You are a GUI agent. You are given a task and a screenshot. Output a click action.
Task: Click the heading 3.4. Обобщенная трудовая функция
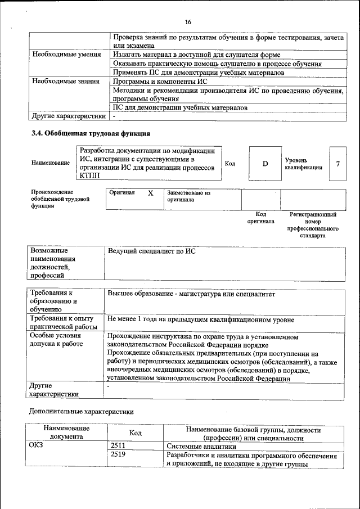(x=90, y=134)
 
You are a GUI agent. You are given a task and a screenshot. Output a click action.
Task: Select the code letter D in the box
(x=265, y=163)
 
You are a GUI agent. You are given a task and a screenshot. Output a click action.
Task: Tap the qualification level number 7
(x=337, y=164)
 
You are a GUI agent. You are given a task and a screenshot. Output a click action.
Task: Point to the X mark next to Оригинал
(x=150, y=193)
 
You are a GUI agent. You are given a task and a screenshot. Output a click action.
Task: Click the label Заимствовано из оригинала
(x=188, y=196)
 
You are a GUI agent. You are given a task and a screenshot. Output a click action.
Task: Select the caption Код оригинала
(x=260, y=218)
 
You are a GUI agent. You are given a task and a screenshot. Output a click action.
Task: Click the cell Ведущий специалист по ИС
(x=151, y=251)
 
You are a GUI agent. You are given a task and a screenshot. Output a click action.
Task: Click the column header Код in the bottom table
(x=135, y=433)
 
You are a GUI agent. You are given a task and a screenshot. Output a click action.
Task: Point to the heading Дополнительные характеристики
(x=82, y=411)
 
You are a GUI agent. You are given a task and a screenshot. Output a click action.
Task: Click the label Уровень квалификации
(x=304, y=164)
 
